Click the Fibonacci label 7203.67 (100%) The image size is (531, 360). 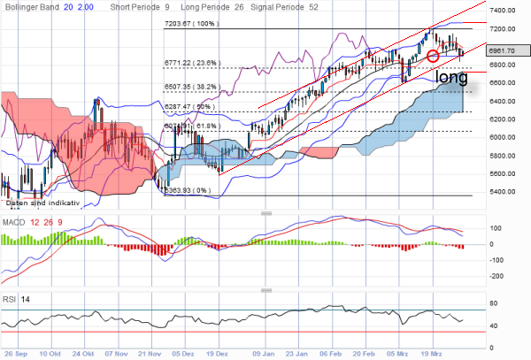190,24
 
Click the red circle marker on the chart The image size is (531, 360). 433,56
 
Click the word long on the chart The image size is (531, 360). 452,78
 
